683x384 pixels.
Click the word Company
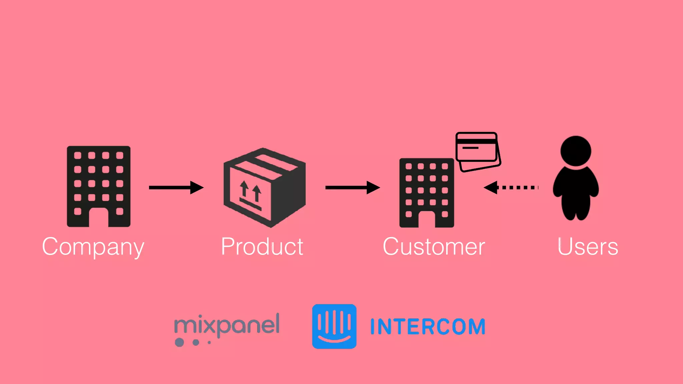coord(93,247)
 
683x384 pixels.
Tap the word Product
coord(262,247)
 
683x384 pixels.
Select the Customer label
coord(434,247)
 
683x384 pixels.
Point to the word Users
coord(588,247)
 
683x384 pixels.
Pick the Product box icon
coord(264,188)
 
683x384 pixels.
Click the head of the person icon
coord(576,151)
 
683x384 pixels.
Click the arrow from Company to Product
coord(176,187)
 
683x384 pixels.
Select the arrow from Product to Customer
coord(353,187)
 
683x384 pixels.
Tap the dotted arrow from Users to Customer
coord(511,187)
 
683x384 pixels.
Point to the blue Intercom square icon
coord(334,326)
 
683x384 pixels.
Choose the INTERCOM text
coord(428,326)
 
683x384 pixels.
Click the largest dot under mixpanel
coord(179,342)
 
